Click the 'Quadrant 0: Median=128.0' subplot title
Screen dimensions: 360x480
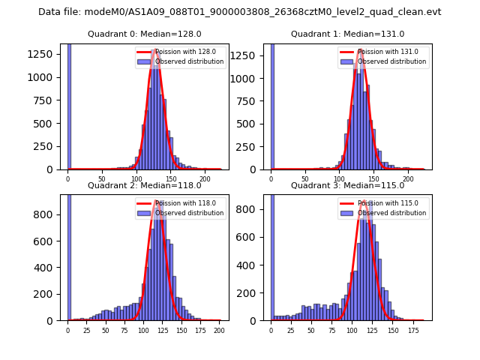145,34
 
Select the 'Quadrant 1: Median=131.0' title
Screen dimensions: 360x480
347,34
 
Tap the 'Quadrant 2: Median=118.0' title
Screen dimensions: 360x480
145,185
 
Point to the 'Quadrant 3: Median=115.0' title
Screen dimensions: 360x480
347,185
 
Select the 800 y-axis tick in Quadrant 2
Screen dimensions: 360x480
46,214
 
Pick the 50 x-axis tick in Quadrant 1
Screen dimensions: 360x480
305,180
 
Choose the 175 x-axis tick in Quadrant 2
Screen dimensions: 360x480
199,330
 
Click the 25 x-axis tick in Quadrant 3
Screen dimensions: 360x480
291,330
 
